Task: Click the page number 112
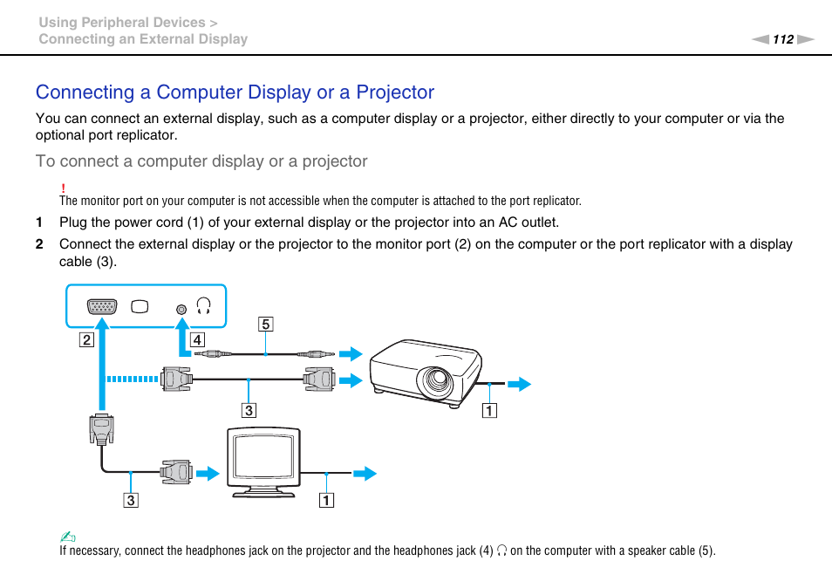coord(782,39)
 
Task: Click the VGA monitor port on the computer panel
coord(102,307)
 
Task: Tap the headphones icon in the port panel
coord(204,306)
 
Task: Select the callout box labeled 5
coord(265,325)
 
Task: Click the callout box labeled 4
coord(198,339)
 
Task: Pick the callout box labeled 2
coord(86,339)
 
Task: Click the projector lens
coord(433,381)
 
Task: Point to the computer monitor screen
coord(263,458)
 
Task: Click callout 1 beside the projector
coord(490,411)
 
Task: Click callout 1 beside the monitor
coord(325,501)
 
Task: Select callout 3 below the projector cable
coord(249,409)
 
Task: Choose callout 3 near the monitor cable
coord(130,501)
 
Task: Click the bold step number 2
coord(38,244)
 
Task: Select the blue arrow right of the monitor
coord(365,474)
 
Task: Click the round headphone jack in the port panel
coord(181,308)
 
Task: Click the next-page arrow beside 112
coord(805,39)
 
